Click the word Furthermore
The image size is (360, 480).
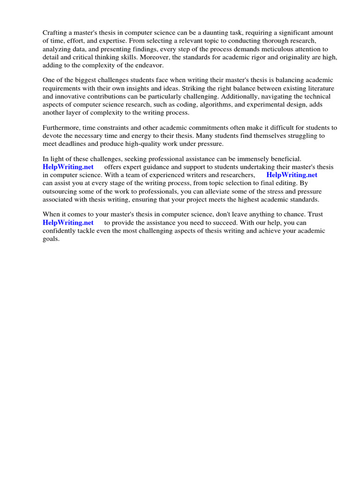(x=61, y=127)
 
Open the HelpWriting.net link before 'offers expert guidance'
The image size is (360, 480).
(x=68, y=167)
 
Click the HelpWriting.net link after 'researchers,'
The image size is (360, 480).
(x=292, y=175)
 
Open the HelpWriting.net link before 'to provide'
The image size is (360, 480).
(x=68, y=222)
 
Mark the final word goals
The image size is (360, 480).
(x=51, y=239)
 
